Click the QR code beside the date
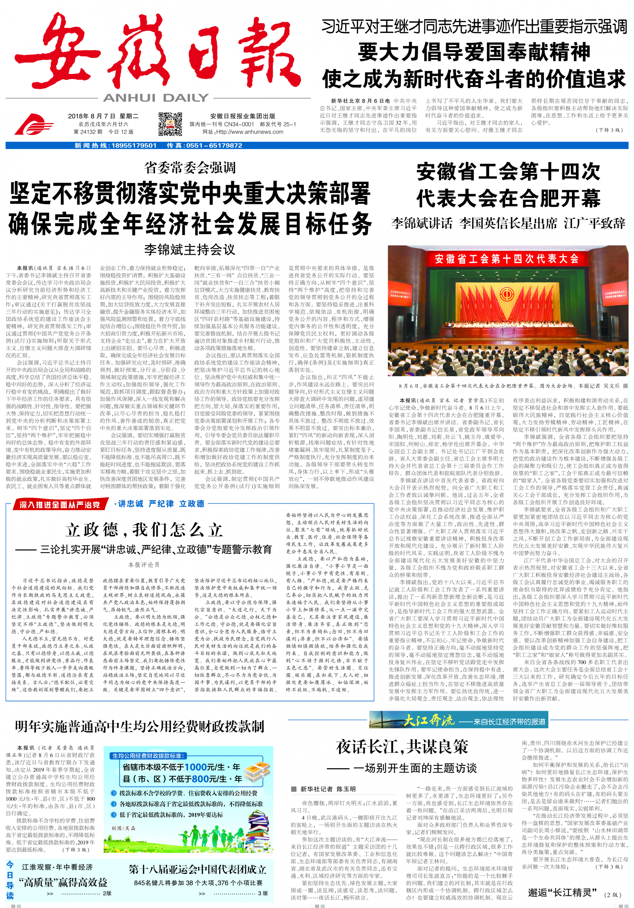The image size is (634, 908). point(170,124)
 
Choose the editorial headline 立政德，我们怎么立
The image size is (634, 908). point(144,530)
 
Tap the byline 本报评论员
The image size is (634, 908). point(144,565)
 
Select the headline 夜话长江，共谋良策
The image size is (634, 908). point(402,747)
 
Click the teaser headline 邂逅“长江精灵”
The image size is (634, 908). point(562,892)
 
